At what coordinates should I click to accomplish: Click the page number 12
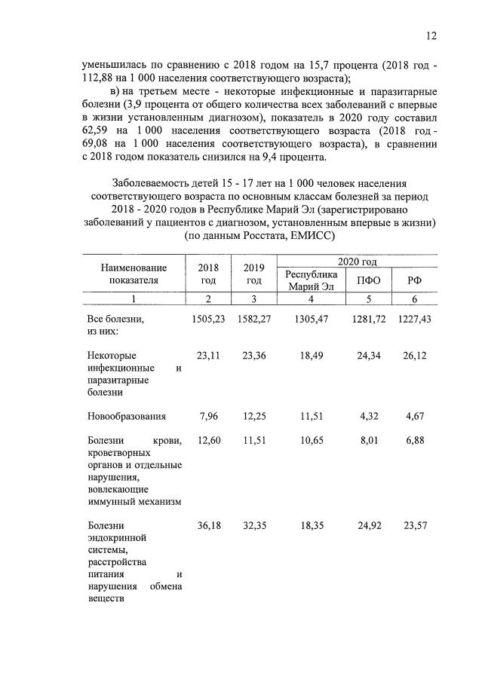pos(431,35)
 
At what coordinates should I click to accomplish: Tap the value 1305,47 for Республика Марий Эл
pos(311,320)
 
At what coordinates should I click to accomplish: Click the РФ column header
pos(415,280)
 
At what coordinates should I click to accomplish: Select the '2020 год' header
pos(357,261)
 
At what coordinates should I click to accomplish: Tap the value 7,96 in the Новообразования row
pos(209,415)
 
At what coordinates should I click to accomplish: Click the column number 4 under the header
pos(311,299)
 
